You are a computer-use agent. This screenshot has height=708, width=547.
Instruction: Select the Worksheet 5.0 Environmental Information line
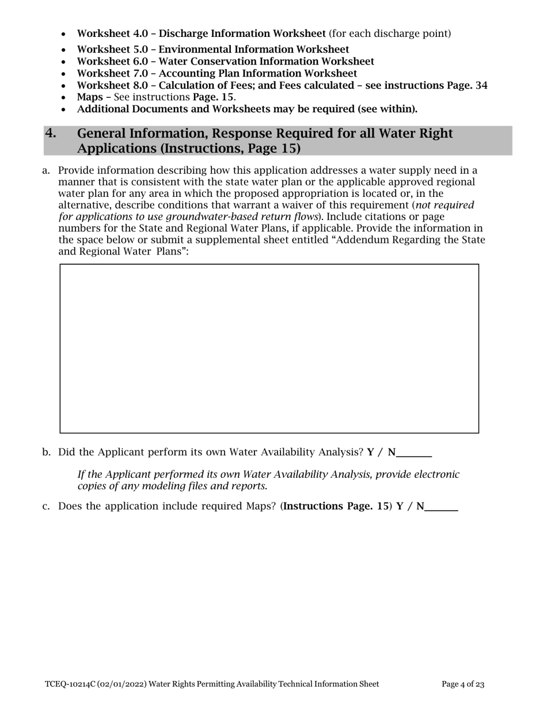point(212,50)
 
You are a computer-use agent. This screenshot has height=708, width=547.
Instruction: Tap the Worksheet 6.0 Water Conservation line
point(225,61)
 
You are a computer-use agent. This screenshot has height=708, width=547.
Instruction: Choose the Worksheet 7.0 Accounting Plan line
point(216,73)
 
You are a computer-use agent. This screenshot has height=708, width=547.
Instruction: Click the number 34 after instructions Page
point(481,85)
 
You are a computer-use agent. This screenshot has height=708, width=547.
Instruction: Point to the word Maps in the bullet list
point(89,97)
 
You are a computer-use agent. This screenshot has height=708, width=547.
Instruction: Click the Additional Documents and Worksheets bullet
point(247,109)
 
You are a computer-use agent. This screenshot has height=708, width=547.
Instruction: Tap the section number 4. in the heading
point(51,134)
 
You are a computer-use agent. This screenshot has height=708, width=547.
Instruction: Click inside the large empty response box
point(269,348)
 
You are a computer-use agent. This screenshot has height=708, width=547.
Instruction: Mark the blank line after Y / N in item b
point(414,453)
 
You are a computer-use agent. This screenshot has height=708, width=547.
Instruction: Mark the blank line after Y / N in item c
point(441,507)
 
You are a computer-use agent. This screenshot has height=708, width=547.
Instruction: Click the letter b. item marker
point(47,452)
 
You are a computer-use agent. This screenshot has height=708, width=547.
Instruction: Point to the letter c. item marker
point(47,507)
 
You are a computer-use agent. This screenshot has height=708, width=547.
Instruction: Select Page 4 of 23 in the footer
point(463,684)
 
